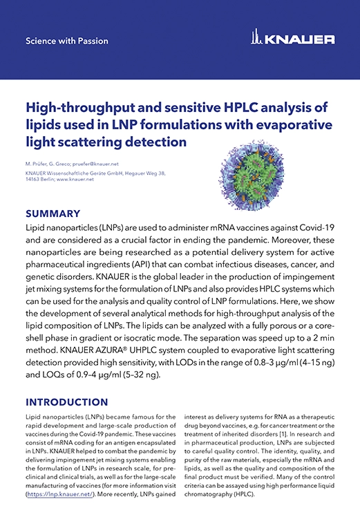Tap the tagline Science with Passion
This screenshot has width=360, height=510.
click(61, 41)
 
